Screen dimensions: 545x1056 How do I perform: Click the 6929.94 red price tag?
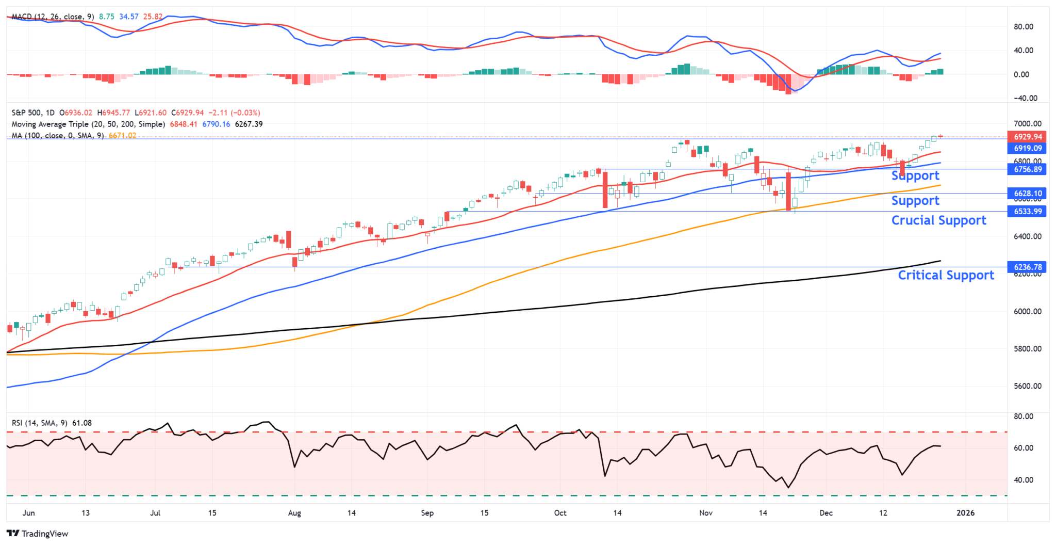click(1028, 137)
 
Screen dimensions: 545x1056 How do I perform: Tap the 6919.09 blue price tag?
click(1028, 148)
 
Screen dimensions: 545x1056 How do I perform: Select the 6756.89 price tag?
click(1028, 169)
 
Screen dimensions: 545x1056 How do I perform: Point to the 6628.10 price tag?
click(1028, 194)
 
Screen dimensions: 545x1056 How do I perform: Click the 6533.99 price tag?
click(1028, 211)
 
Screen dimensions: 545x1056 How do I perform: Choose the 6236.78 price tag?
click(1028, 267)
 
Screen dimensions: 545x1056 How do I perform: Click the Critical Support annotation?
click(946, 275)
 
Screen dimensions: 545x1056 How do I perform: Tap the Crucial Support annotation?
click(938, 220)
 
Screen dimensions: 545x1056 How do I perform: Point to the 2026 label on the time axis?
click(965, 512)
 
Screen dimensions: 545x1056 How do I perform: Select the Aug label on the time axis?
click(294, 512)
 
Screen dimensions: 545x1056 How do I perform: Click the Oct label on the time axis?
click(560, 512)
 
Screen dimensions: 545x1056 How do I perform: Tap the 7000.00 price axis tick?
click(1027, 124)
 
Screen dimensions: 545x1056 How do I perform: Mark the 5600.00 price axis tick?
click(1027, 386)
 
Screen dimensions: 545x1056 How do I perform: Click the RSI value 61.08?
click(82, 423)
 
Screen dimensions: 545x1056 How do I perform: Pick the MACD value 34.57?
click(128, 17)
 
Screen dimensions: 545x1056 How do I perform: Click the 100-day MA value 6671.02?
click(122, 136)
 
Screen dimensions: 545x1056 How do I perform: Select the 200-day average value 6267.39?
click(249, 124)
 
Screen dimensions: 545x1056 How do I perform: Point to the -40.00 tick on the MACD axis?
click(1025, 98)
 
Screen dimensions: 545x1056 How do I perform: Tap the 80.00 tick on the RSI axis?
click(1023, 416)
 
